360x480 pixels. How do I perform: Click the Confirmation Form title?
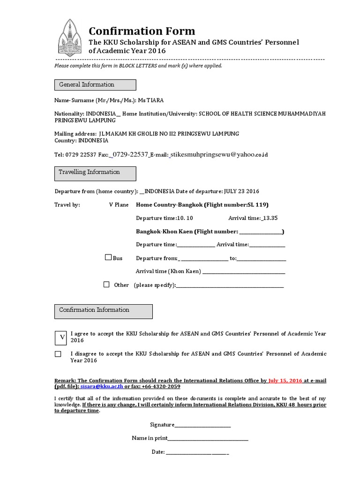[142, 31]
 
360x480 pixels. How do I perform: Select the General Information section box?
[95, 85]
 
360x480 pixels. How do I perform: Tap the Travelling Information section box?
[95, 173]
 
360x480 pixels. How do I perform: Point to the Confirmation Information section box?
[103, 311]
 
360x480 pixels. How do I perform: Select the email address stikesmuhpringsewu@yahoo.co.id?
[219, 154]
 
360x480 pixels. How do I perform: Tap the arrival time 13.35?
[270, 218]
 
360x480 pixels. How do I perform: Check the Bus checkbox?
[108, 257]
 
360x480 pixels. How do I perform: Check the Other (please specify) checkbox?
[106, 284]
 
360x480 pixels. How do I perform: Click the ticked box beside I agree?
[61, 337]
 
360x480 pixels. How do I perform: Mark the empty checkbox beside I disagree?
[58, 354]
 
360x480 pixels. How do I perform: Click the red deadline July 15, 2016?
[285, 381]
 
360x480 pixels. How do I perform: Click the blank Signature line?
[202, 426]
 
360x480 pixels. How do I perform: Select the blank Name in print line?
[208, 439]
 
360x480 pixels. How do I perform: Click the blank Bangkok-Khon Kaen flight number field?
[261, 232]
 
